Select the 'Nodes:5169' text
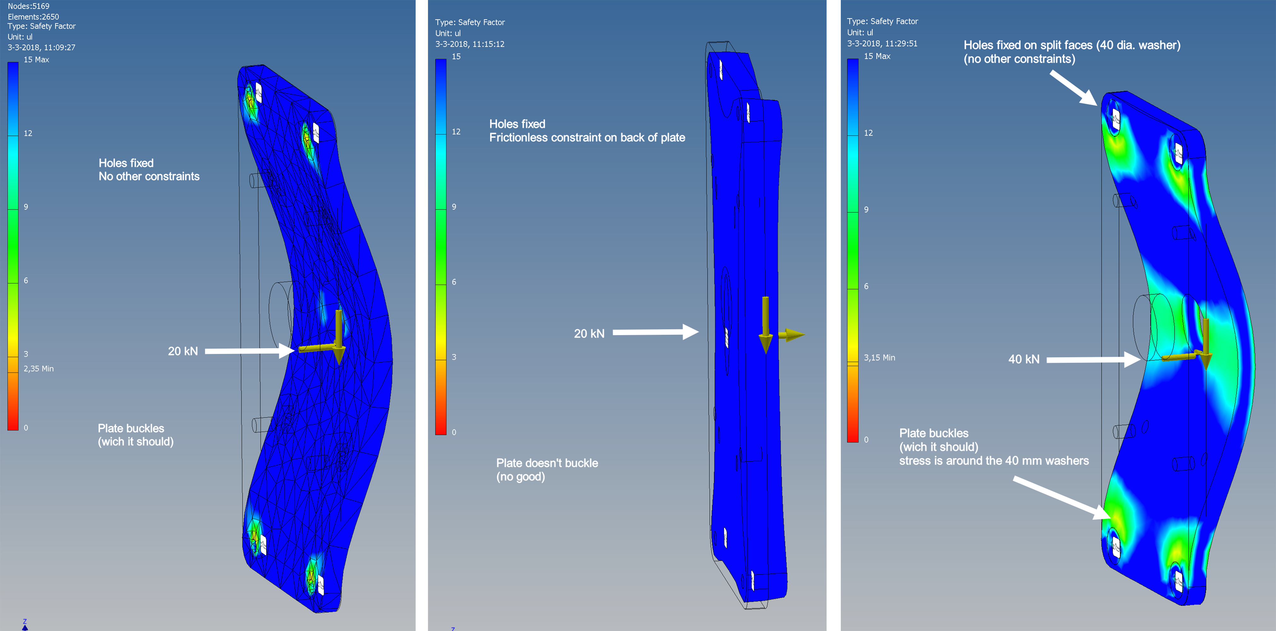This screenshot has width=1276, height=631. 28,6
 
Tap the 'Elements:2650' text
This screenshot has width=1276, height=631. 33,16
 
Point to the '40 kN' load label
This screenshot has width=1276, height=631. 1023,359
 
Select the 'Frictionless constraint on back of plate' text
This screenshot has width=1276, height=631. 587,138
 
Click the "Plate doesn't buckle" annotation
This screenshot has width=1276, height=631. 547,463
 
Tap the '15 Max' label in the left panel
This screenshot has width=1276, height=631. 36,60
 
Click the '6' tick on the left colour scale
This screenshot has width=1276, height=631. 26,280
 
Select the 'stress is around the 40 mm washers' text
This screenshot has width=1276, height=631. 994,461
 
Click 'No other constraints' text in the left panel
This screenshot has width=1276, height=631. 149,176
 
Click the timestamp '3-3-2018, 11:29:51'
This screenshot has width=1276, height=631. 882,44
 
